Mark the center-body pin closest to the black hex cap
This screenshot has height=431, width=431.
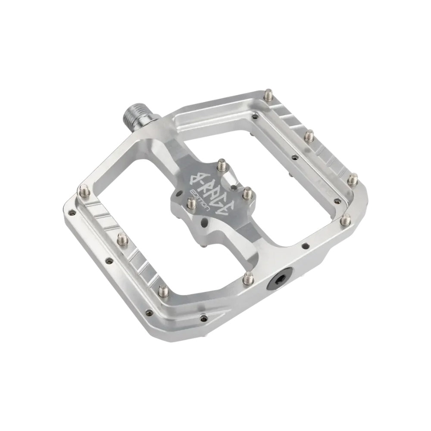(247, 192)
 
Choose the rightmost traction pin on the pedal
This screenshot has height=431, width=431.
(353, 178)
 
